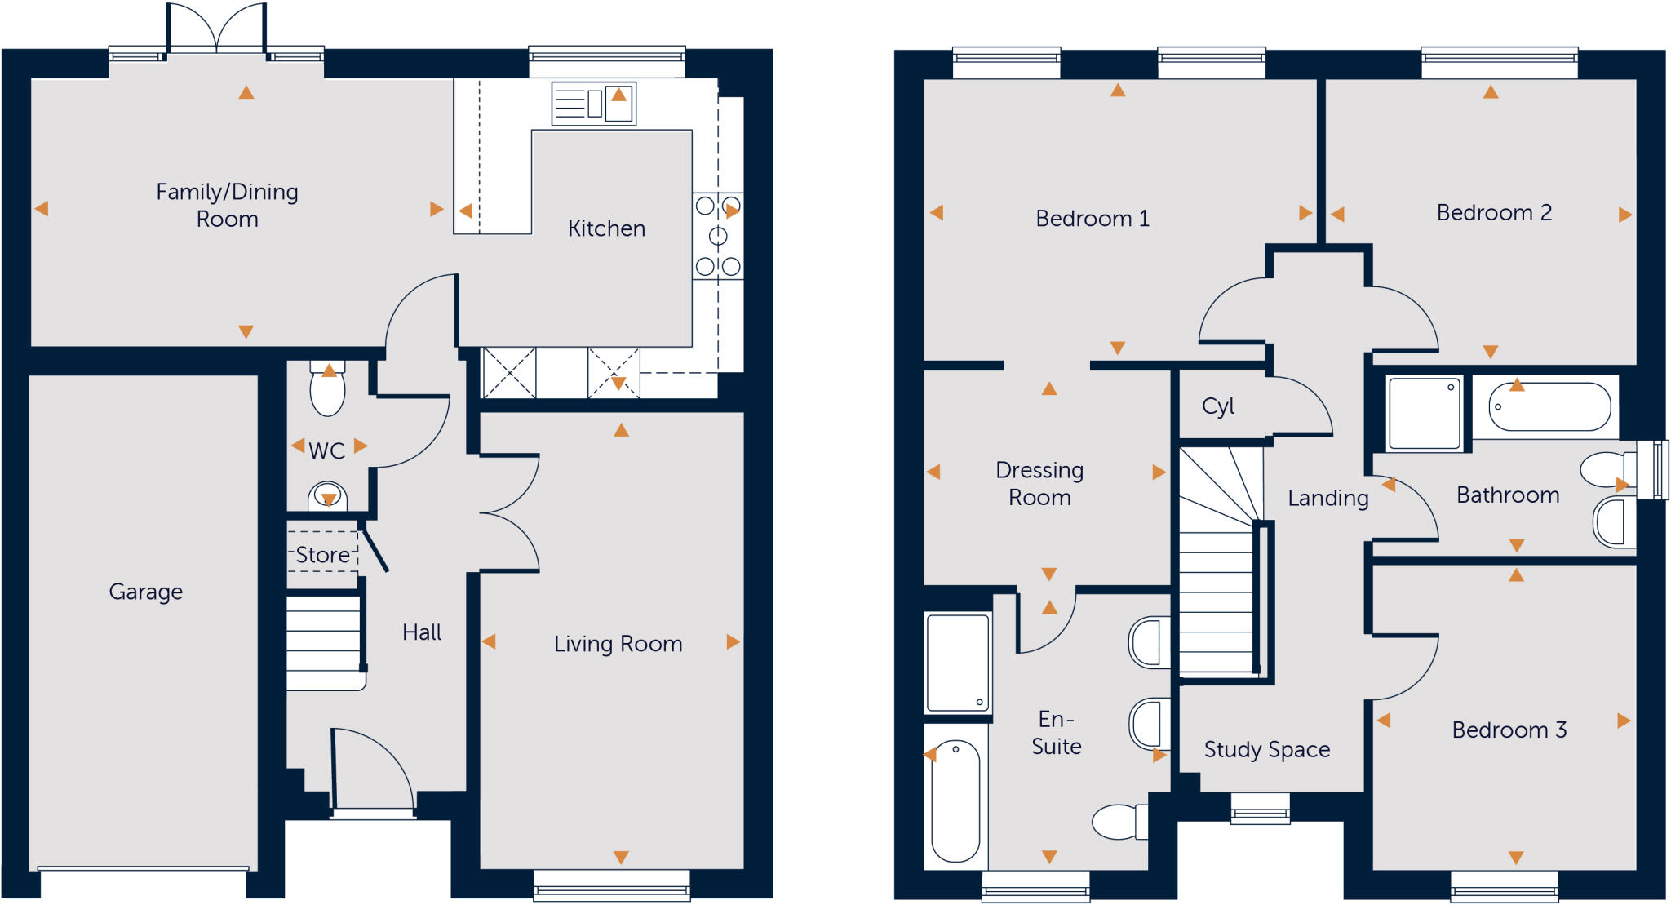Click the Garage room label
[145, 591]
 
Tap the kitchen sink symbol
[593, 104]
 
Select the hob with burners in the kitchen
[718, 236]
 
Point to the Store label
[322, 555]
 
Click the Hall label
[422, 632]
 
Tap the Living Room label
[618, 644]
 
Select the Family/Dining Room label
[227, 205]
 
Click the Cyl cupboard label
[1217, 406]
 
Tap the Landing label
[1327, 498]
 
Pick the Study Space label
[1266, 749]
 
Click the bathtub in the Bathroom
[1549, 407]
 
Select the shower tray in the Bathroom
[1425, 413]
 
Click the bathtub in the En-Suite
[955, 801]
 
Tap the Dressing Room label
[1039, 483]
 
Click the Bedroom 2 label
[1493, 213]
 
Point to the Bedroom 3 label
[1509, 730]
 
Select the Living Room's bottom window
[611, 885]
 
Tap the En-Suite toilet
[1119, 822]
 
